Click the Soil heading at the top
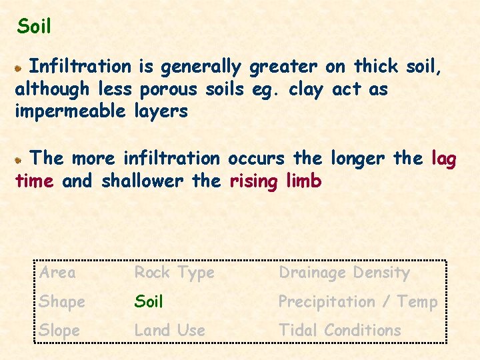tap(34, 27)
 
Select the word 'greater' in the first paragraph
tap(283, 67)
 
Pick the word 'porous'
tap(168, 89)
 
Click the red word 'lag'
tap(444, 159)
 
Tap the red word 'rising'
tap(253, 181)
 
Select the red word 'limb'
tap(303, 181)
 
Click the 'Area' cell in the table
tap(57, 272)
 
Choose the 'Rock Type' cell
tap(174, 272)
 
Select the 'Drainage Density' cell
tap(344, 272)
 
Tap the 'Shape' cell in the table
tap(62, 301)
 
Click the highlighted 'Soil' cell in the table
tap(149, 301)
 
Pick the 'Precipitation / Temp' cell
tap(357, 301)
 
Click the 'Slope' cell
tap(59, 330)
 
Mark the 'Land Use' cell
tap(170, 330)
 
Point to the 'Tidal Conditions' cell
tap(340, 330)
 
